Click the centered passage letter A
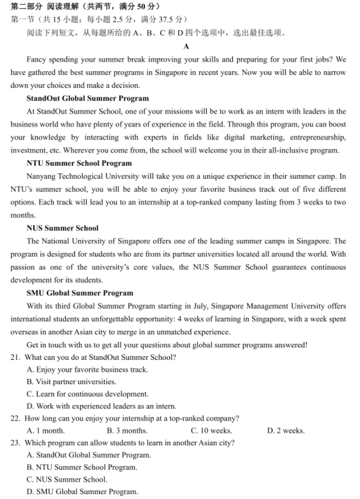[x=186, y=46]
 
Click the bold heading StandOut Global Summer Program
[x=87, y=98]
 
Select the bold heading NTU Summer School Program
[x=79, y=163]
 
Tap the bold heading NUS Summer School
[x=62, y=228]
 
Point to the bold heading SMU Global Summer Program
[x=79, y=293]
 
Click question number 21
[x=16, y=357]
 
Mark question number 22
[x=16, y=419]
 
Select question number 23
[x=16, y=443]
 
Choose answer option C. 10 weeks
[x=211, y=430]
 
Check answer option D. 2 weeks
[x=286, y=430]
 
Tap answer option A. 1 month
[x=46, y=430]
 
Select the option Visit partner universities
[x=71, y=382]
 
